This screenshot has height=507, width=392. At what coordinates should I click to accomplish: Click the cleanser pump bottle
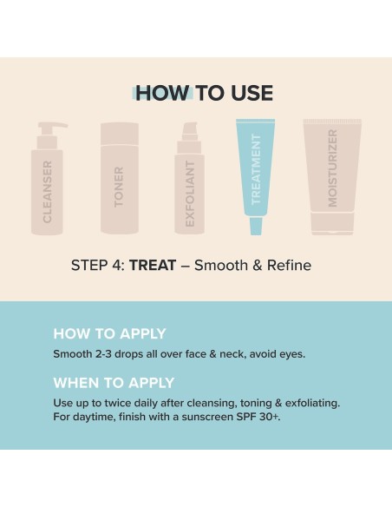click(49, 187)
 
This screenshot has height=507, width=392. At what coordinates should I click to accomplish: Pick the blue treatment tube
click(256, 174)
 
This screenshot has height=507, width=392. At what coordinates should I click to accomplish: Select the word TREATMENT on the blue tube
click(256, 169)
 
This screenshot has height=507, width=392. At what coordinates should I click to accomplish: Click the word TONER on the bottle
click(120, 186)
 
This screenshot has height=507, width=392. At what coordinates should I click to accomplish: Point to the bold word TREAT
click(153, 265)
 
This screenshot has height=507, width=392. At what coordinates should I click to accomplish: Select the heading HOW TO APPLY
click(109, 333)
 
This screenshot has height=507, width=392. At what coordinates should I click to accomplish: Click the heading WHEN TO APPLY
click(114, 383)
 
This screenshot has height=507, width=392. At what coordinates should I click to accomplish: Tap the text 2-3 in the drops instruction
click(107, 354)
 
